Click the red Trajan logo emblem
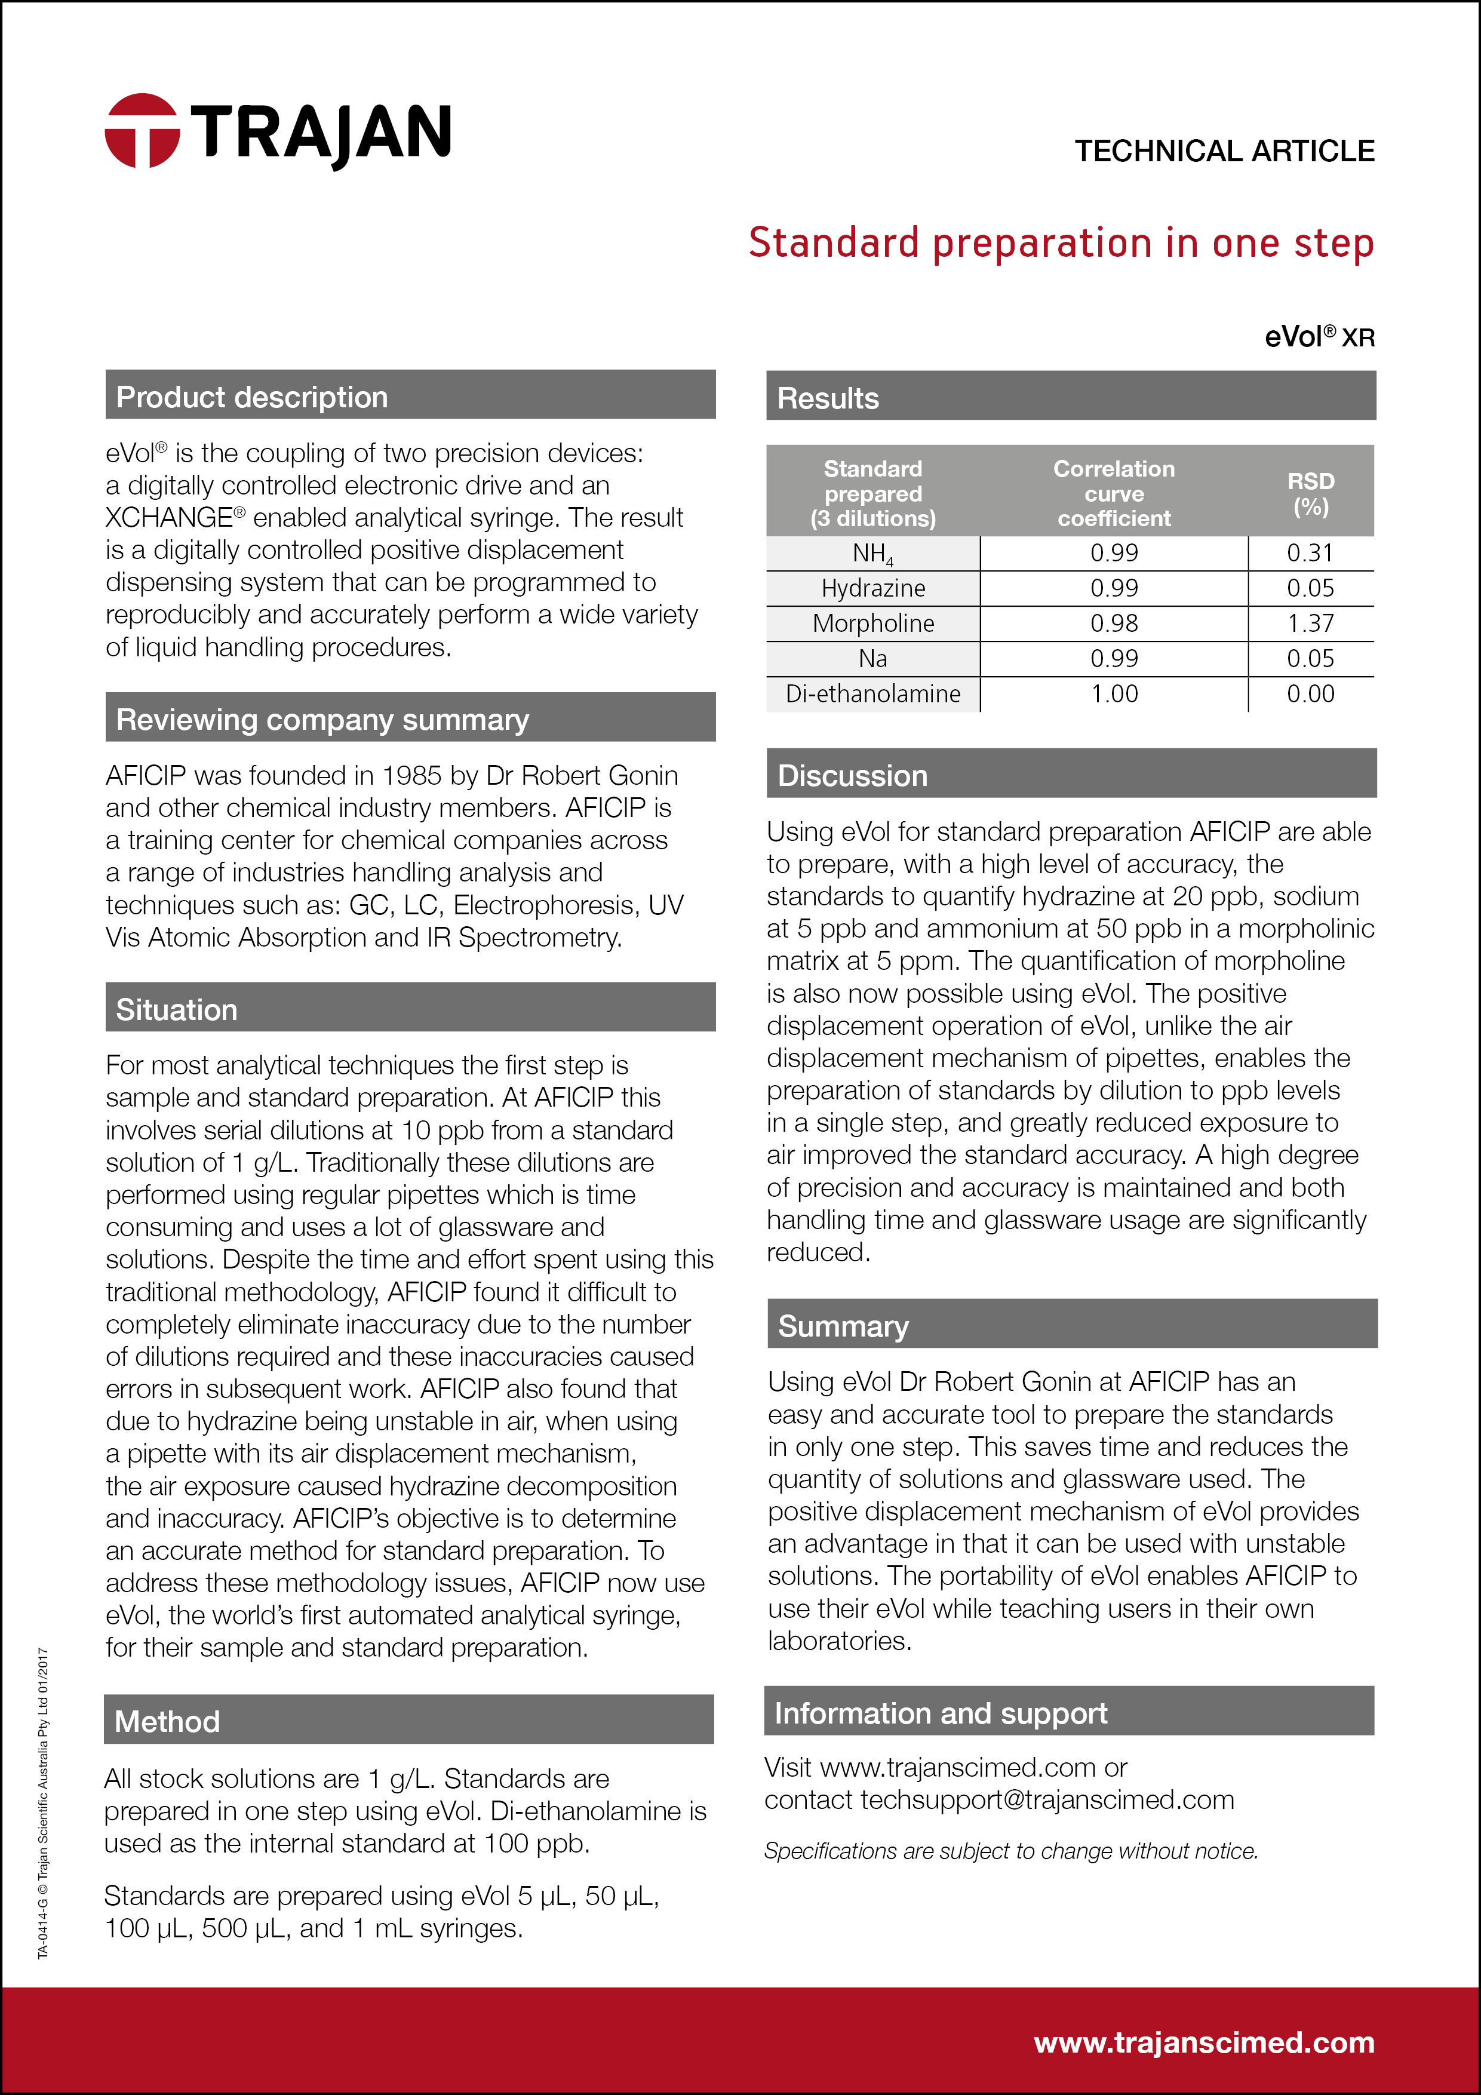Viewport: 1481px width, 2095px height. click(x=142, y=130)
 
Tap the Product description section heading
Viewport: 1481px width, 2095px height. click(x=252, y=397)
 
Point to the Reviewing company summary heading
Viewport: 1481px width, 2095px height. click(x=322, y=720)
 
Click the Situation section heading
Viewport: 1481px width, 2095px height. click(x=176, y=1009)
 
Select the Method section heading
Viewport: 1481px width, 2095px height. click(x=167, y=1721)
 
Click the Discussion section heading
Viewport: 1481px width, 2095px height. click(x=852, y=776)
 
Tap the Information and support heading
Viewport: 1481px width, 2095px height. click(x=940, y=1713)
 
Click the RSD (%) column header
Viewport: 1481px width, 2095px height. click(x=1310, y=494)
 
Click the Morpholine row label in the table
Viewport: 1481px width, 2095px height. click(x=873, y=624)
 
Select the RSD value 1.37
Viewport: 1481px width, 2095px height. click(x=1310, y=624)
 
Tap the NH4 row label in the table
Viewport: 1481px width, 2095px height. click(x=873, y=554)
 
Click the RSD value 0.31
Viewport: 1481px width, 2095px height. click(x=1310, y=554)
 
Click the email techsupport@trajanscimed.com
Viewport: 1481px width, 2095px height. click(x=1047, y=1799)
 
